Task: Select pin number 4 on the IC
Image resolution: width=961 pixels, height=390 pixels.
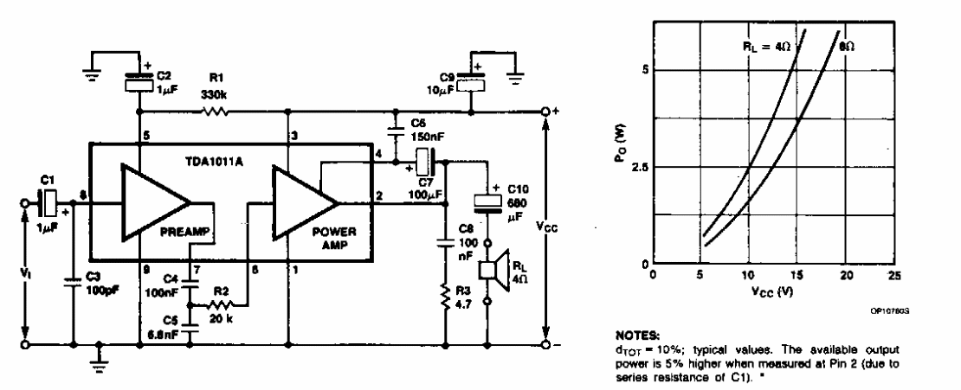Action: pos(375,156)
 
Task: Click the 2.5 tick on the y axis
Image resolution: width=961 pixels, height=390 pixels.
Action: pos(640,168)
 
